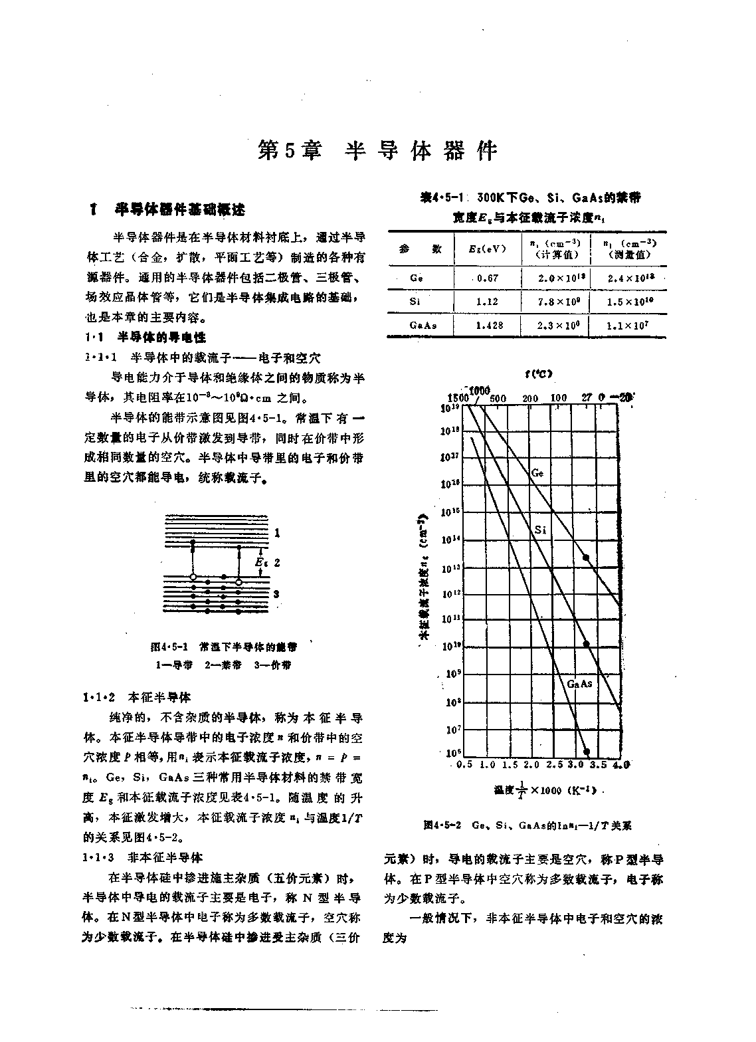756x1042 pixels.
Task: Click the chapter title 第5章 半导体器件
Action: click(377, 151)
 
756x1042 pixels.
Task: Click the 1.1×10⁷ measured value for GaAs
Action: click(628, 325)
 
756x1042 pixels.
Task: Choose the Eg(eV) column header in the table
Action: click(487, 249)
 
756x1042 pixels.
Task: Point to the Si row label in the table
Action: click(415, 302)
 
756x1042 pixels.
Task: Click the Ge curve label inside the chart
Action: click(537, 473)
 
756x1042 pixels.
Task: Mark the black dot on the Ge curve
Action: click(586, 558)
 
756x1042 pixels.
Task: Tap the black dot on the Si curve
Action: click(586, 643)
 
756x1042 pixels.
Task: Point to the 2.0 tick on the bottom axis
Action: click(531, 766)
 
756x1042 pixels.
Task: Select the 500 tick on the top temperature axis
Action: click(498, 399)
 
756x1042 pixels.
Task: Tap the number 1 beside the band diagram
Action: click(277, 533)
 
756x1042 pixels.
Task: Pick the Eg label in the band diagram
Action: click(260, 562)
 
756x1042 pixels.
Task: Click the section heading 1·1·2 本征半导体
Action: click(138, 698)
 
